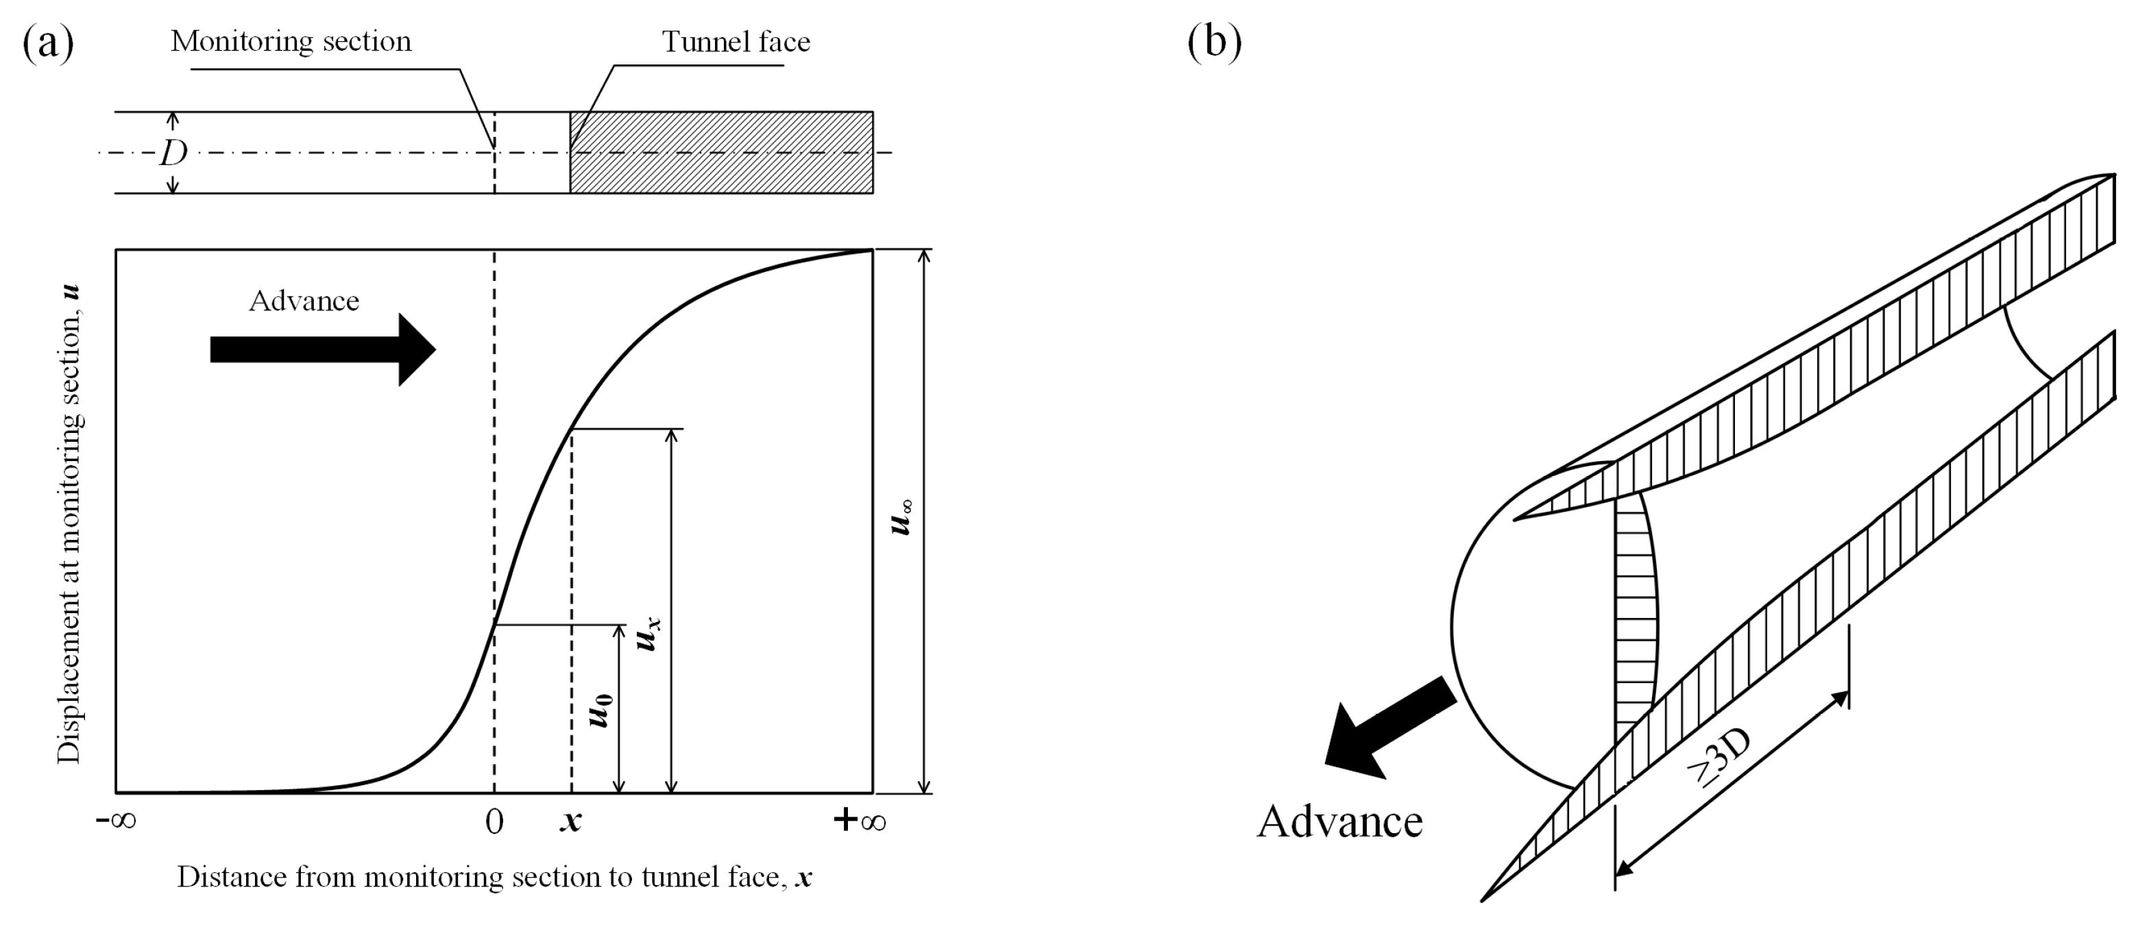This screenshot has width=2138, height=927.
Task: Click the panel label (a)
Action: tap(48, 43)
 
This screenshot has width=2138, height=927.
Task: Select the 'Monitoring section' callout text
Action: tap(291, 42)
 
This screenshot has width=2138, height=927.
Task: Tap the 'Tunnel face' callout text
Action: tap(736, 42)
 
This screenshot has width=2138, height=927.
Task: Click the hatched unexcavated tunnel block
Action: tap(720, 153)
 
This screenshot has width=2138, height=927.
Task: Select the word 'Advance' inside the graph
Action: tap(304, 300)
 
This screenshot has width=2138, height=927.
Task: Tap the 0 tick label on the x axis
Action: tap(494, 821)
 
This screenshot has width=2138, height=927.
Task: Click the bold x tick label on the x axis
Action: tap(570, 821)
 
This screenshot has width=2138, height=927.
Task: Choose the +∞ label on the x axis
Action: tap(860, 821)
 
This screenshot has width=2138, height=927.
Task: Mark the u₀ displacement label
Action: tap(601, 710)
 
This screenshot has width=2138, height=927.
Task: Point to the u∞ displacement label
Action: tap(901, 516)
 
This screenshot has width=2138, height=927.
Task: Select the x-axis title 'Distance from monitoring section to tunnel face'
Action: tap(494, 877)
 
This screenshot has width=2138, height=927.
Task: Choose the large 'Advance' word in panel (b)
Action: tap(1339, 821)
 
